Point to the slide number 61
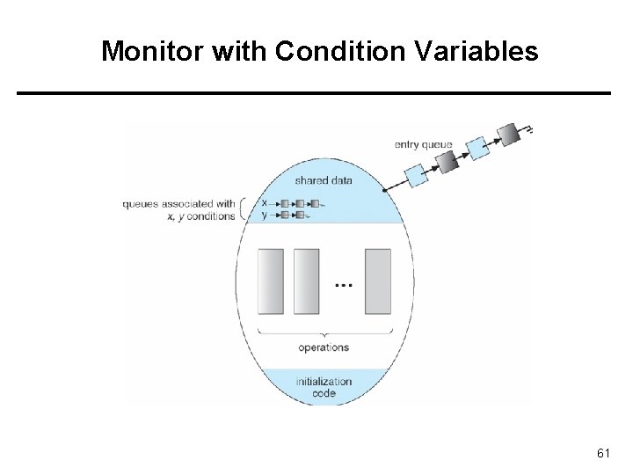[x=603, y=453]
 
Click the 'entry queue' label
[x=423, y=145]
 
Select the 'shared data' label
[x=324, y=180]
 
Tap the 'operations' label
[x=324, y=347]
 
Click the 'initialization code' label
[x=324, y=387]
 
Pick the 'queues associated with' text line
[x=179, y=203]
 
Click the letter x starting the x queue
[x=264, y=202]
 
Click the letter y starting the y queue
[x=264, y=214]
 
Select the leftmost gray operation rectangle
[x=271, y=281]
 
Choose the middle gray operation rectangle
[x=306, y=281]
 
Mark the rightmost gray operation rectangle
[x=377, y=281]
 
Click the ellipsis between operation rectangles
[x=344, y=285]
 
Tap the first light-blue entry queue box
[x=417, y=175]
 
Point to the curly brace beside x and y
[x=246, y=208]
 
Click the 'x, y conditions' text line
[x=203, y=216]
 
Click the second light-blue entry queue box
[x=477, y=149]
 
